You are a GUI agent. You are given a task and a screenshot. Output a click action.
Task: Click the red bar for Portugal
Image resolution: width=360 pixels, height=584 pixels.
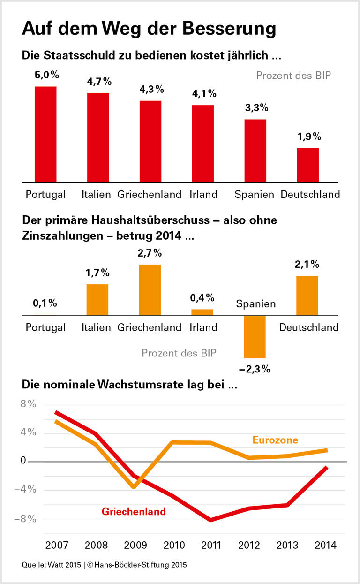pos(45,134)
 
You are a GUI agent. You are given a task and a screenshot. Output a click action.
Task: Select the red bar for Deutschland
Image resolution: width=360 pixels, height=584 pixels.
pos(307,165)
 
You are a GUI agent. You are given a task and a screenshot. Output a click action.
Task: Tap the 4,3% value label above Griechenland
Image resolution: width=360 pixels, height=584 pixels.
pos(151,89)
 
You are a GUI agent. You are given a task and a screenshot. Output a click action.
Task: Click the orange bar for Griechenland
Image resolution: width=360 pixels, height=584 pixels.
pos(150,289)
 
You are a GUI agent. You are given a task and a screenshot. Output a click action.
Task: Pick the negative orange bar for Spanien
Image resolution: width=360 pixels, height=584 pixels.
pos(255,337)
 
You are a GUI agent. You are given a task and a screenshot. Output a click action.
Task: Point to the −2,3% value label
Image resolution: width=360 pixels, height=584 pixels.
pos(255,369)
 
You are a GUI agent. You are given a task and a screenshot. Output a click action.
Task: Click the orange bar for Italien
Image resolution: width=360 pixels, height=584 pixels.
pos(97,299)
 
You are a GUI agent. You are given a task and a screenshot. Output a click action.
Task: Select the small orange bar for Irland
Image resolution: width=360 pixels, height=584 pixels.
pos(202,312)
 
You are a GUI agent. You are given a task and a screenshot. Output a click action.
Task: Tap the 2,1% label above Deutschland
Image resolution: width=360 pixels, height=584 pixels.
pos(307,265)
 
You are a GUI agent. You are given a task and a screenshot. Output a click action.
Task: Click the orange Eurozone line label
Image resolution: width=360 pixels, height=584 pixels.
pos(275,440)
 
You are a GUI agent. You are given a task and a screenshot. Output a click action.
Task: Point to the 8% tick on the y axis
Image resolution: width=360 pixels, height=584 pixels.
pos(29,404)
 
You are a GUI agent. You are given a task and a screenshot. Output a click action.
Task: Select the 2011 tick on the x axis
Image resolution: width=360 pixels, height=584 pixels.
pos(211,546)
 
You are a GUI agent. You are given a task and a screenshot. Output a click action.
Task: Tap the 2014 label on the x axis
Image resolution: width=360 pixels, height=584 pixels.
pos(325,546)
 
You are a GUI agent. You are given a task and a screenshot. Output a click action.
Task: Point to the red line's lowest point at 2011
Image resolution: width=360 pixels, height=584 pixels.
pos(211,520)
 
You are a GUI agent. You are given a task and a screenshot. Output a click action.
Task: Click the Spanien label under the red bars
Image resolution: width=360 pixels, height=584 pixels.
pos(255,194)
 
